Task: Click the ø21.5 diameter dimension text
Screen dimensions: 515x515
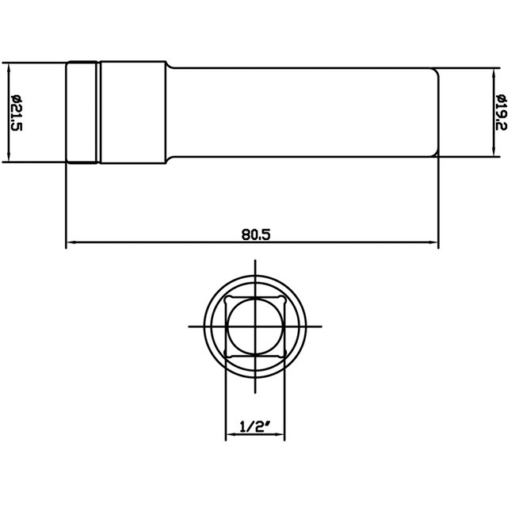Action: coord(17,112)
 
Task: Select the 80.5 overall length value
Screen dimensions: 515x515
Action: coord(253,234)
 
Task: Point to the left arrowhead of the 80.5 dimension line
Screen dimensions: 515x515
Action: coord(71,242)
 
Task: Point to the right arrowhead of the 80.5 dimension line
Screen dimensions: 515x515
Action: coord(433,242)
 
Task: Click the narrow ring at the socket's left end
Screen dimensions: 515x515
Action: coord(82,112)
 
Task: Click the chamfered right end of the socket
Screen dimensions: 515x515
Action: coord(435,112)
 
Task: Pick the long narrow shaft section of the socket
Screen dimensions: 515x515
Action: coord(301,112)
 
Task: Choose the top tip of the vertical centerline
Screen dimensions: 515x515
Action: coord(255,261)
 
